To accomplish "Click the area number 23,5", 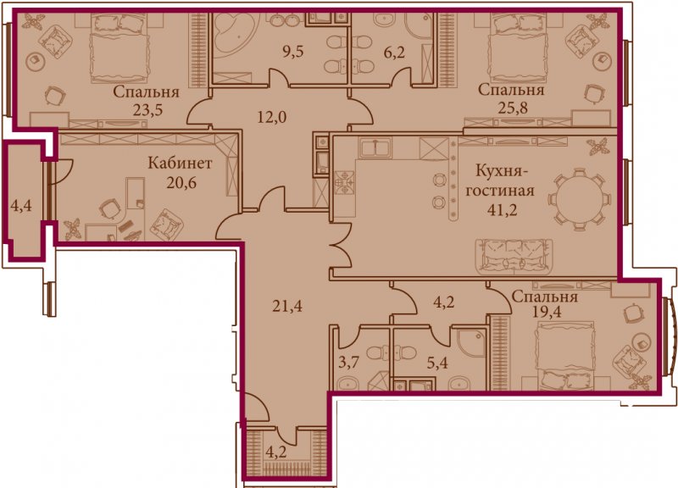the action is (147, 111).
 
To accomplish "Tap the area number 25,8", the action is (513, 108).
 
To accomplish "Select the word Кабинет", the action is (180, 164).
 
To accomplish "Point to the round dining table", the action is (579, 200).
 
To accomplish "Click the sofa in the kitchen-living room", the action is (514, 258).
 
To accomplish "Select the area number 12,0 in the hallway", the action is (272, 117).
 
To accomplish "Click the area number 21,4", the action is (287, 307).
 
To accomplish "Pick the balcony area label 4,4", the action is (20, 206).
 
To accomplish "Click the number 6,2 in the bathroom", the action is (395, 53).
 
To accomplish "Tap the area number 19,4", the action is (547, 311).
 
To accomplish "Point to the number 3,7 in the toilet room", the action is (348, 363).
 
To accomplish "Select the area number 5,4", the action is (437, 363).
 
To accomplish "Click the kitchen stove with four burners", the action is (345, 182).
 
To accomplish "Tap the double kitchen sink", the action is (375, 147).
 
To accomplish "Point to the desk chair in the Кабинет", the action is (109, 209).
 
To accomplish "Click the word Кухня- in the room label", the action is (502, 171).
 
